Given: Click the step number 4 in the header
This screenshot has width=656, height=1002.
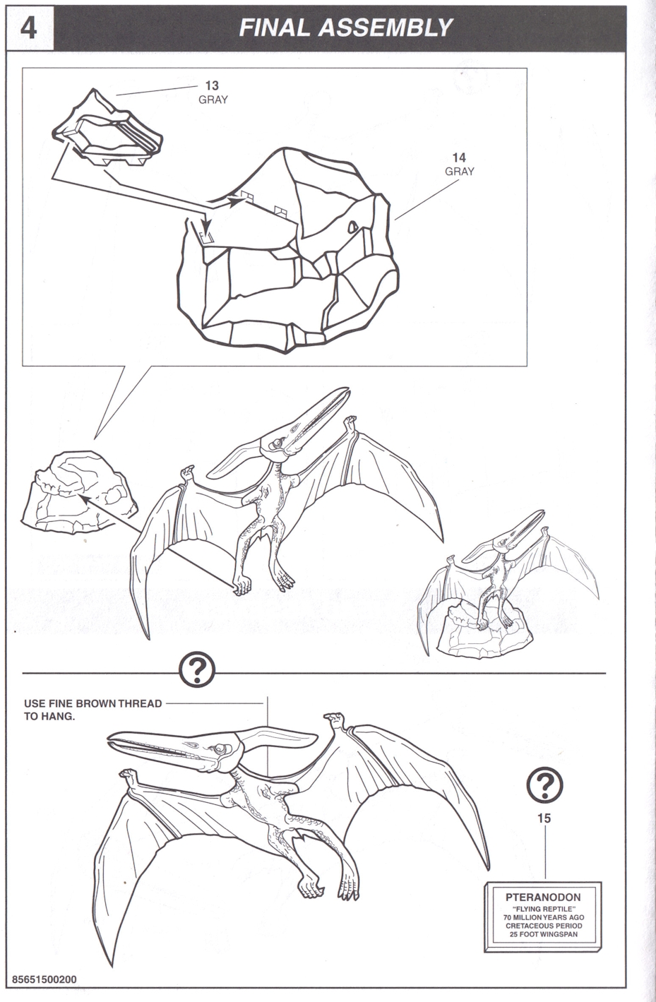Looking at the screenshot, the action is tap(29, 29).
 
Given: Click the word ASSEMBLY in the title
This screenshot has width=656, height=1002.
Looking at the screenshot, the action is tap(386, 28).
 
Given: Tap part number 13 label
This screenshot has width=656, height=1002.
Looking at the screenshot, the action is tap(212, 85).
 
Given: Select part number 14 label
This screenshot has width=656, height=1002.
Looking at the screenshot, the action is tap(459, 157).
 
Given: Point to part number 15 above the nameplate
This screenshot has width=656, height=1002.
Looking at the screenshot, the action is tap(544, 818).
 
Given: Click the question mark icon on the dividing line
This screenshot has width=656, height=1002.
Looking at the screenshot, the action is tap(197, 671).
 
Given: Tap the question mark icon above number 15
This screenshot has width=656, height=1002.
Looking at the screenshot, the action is tap(544, 785).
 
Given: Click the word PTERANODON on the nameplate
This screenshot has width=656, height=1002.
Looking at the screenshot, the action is tap(543, 897).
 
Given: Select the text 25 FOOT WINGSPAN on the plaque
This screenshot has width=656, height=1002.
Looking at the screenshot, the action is tap(543, 934).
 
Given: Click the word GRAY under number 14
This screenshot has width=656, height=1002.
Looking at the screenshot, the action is tap(459, 172).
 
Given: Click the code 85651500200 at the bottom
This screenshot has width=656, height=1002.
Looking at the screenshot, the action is tap(44, 979).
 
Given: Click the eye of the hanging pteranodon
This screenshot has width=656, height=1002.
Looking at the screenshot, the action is tap(220, 748).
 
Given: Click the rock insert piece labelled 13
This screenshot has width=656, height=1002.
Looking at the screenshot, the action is tap(107, 129).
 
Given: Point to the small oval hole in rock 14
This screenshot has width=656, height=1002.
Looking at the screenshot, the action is tap(353, 227).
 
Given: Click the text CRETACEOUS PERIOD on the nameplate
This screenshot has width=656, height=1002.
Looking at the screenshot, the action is tap(544, 926).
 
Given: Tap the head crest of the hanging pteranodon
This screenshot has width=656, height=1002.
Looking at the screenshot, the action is tap(278, 736).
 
